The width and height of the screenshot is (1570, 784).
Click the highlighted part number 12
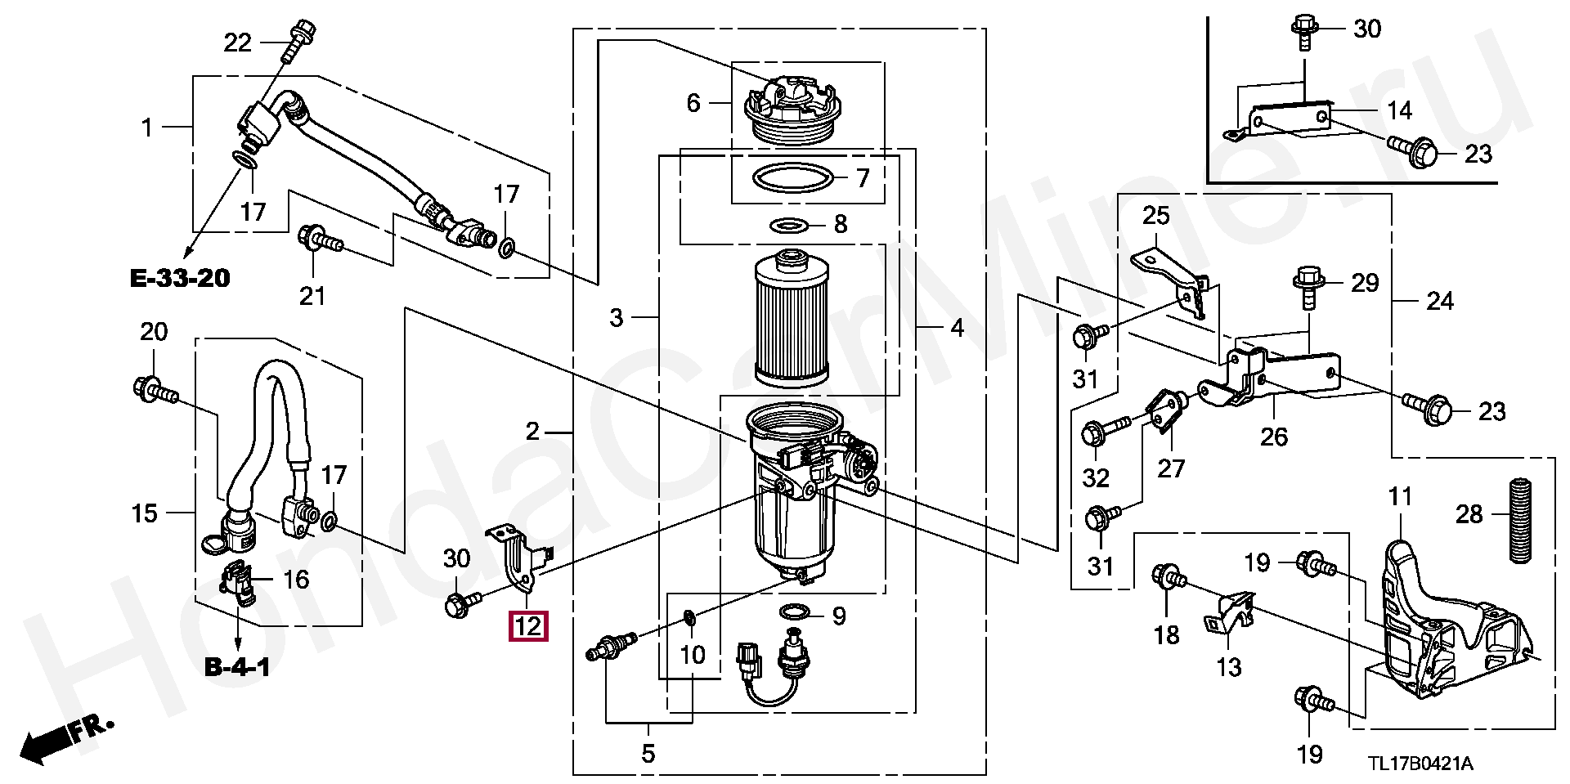[528, 626]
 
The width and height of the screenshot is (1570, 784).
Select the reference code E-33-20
[180, 278]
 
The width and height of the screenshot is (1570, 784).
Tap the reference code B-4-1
[237, 668]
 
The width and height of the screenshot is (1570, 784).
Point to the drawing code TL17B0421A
[1421, 764]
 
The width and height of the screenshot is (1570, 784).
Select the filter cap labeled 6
[790, 114]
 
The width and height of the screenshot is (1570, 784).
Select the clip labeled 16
[236, 583]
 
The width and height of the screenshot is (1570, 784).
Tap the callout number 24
[1440, 302]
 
